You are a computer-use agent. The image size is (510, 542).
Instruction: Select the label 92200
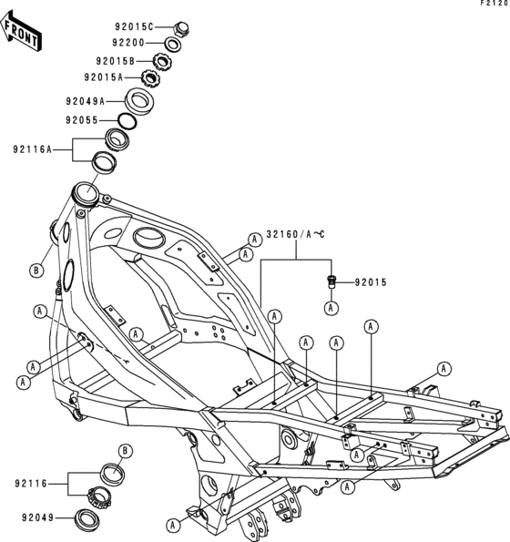(x=134, y=43)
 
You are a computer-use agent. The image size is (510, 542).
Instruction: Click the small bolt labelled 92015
(x=331, y=281)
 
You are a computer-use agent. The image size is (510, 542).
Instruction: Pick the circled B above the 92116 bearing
(x=126, y=451)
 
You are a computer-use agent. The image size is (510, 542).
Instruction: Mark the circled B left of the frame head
(x=36, y=271)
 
